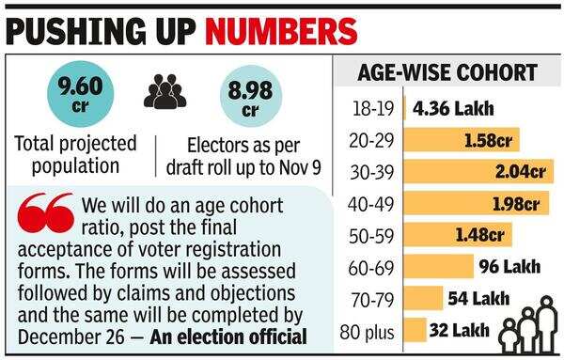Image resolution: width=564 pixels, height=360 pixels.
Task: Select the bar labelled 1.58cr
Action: click(x=461, y=140)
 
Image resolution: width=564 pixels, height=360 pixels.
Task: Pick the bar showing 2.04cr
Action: click(x=478, y=172)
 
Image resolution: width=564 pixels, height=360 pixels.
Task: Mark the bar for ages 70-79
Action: click(x=423, y=299)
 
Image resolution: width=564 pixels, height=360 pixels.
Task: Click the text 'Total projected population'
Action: click(x=76, y=155)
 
